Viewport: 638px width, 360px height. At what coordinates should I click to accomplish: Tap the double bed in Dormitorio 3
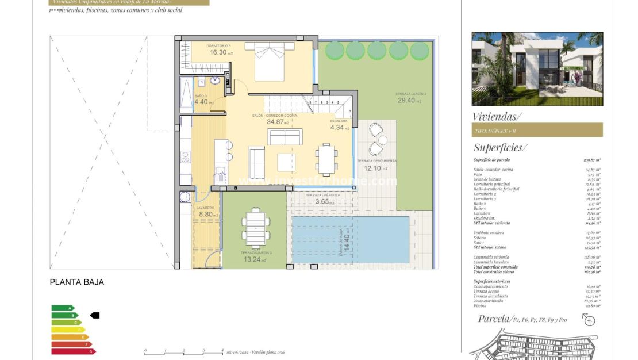pyautogui.click(x=270, y=62)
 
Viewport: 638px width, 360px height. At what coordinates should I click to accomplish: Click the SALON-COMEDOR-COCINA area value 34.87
pyautogui.click(x=278, y=122)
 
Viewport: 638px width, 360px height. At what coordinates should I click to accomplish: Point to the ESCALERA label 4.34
pyautogui.click(x=337, y=128)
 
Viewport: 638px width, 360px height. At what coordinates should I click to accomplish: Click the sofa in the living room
pyautogui.click(x=285, y=137)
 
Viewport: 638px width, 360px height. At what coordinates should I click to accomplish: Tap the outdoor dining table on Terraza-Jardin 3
pyautogui.click(x=253, y=228)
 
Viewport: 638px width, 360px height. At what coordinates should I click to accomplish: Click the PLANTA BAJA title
pyautogui.click(x=76, y=282)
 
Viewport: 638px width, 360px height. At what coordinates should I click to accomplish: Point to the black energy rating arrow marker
pyautogui.click(x=95, y=315)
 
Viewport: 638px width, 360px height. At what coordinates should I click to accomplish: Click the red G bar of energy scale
pyautogui.click(x=72, y=351)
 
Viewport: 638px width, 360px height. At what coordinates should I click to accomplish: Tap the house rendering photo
pyautogui.click(x=537, y=69)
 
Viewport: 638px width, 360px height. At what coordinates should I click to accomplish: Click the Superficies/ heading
pyautogui.click(x=498, y=147)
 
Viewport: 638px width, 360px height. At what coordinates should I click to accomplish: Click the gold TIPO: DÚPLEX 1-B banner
pyautogui.click(x=537, y=130)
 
